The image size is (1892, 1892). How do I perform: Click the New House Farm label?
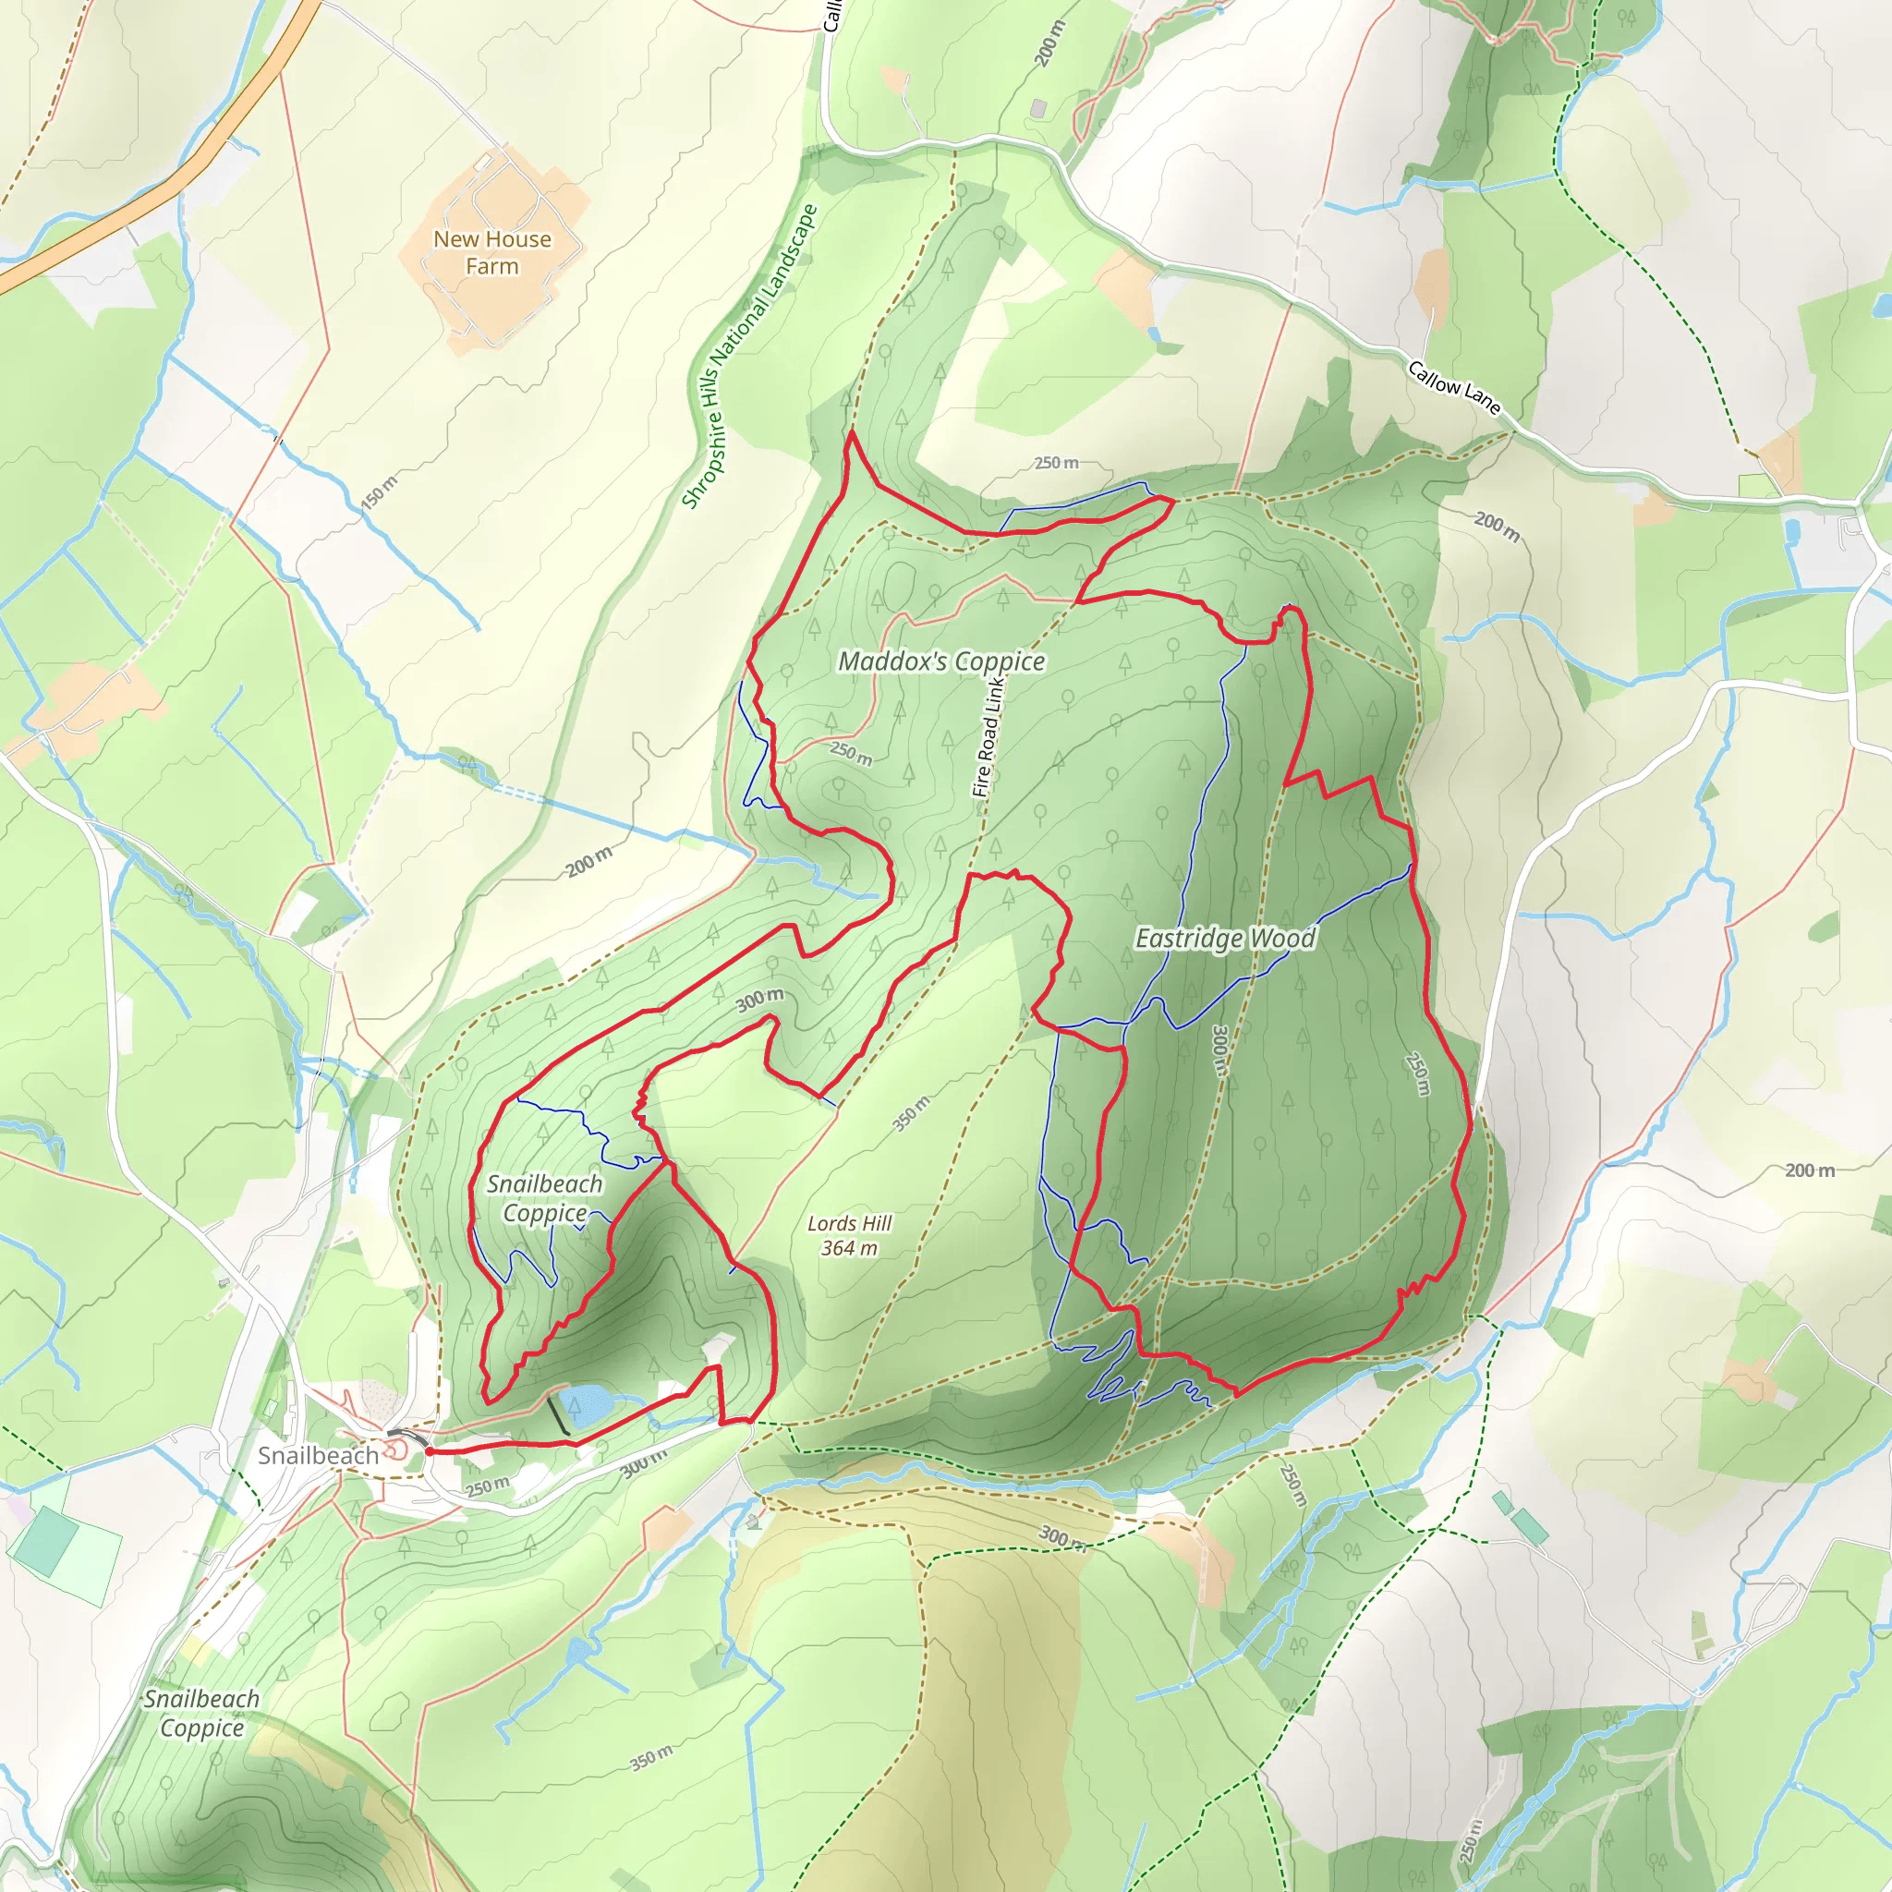tap(491, 252)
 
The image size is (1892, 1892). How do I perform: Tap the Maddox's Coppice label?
tap(941, 662)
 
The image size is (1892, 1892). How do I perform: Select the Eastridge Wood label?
tap(1225, 939)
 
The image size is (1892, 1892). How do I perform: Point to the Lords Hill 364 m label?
tap(849, 1235)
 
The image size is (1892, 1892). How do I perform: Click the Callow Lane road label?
tap(1454, 387)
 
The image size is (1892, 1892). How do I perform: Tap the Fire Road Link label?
tap(988, 734)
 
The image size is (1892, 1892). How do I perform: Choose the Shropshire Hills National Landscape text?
tap(749, 357)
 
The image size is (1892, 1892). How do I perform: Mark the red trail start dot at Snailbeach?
tap(429, 1451)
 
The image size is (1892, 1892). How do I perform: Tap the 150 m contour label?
tap(379, 492)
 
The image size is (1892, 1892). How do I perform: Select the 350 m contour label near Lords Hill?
tap(911, 1113)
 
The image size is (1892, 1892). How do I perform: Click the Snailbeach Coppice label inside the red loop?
tap(544, 1197)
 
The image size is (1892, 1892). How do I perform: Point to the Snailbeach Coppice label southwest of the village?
tap(201, 1713)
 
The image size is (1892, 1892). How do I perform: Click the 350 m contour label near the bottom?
tap(651, 1757)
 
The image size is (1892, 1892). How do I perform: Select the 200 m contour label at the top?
tap(1049, 44)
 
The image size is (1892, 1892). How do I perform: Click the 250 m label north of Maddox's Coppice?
tap(1057, 462)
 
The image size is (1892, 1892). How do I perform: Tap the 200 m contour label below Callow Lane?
tap(1498, 527)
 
